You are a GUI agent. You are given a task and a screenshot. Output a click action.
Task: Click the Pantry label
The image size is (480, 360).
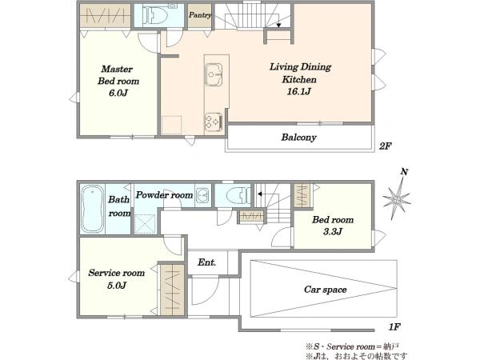click(199, 15)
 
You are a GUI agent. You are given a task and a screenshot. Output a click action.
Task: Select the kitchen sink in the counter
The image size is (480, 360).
click(214, 74)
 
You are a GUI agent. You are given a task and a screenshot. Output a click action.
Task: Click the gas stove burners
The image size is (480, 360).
click(214, 122)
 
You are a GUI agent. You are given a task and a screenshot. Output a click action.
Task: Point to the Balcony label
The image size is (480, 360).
click(298, 137)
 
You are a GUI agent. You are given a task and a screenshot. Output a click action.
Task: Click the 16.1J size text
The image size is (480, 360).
click(298, 91)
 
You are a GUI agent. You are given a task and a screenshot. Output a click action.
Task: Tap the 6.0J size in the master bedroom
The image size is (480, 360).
click(118, 93)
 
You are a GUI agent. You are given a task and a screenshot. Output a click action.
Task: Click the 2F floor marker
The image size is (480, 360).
click(385, 146)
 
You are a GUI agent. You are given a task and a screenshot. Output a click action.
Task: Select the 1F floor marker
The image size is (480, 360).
click(394, 327)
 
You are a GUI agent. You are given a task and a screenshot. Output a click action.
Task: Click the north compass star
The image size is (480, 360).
click(397, 199)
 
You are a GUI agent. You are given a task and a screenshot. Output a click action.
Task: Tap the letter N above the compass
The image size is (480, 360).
click(404, 172)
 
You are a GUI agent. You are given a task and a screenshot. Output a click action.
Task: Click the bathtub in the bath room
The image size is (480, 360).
click(92, 209)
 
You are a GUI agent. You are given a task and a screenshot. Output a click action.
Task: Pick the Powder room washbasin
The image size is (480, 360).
click(202, 194)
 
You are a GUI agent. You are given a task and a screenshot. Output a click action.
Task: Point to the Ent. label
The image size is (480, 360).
click(207, 262)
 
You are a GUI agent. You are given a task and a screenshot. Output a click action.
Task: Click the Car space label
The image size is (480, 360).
click(326, 290)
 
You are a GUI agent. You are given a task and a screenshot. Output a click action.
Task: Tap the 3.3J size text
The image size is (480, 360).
click(333, 231)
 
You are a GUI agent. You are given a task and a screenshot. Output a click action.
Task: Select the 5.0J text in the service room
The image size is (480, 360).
click(117, 286)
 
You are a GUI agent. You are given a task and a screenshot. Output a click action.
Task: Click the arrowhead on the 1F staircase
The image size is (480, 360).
click(259, 194)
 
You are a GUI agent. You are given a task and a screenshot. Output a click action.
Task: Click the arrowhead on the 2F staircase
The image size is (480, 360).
click(278, 26)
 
